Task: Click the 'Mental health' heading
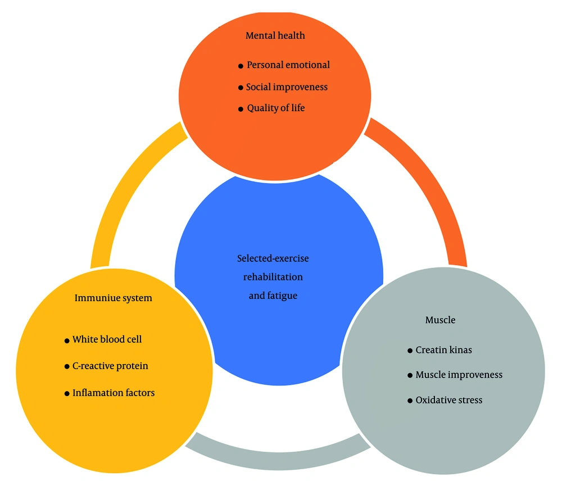[275, 35]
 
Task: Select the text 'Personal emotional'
[288, 65]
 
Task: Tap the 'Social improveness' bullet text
[287, 87]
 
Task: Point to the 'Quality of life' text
[276, 108]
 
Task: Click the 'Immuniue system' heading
[113, 298]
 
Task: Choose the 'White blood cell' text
[107, 339]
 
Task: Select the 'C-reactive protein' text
[110, 366]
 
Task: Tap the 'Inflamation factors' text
[114, 393]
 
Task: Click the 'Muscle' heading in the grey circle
[440, 320]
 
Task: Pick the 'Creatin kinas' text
[443, 350]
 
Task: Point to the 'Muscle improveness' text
[459, 375]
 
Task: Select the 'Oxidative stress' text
[448, 400]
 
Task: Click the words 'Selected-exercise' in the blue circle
[273, 258]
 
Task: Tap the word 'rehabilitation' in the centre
[273, 277]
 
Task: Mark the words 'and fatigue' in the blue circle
[273, 295]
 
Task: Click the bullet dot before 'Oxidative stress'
[410, 401]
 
